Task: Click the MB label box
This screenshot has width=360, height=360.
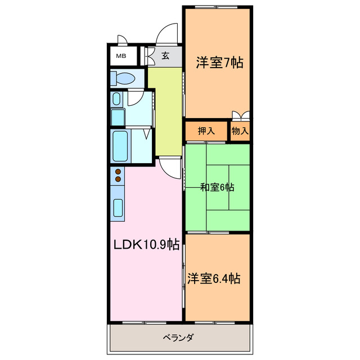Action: point(120,56)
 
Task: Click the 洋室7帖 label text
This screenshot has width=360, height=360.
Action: point(219,63)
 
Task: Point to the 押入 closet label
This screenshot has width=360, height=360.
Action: point(206,131)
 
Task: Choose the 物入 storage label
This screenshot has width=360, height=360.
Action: point(240,131)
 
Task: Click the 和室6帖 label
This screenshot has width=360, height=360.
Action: point(217,187)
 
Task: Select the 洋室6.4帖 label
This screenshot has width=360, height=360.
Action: point(214,278)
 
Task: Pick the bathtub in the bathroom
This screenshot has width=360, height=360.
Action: point(121,146)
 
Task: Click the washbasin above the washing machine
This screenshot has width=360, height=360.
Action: point(116,99)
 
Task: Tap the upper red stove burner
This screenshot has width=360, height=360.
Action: point(119,172)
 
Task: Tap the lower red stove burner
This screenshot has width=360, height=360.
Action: point(119,179)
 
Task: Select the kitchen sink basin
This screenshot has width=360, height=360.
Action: point(118,208)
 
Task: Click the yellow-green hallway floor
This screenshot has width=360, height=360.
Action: point(165,110)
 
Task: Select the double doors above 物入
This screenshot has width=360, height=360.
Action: point(240,115)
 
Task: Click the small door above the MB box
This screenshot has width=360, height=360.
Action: point(122,41)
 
